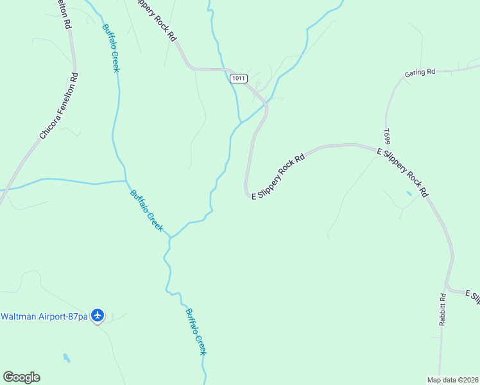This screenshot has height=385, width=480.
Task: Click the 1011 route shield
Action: (238, 78)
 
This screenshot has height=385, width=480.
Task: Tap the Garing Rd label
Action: (420, 73)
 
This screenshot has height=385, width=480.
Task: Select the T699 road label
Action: (387, 136)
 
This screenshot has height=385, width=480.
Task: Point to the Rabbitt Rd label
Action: (443, 311)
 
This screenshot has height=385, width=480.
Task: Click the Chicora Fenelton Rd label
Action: (59, 106)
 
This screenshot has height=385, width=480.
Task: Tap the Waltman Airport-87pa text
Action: (44, 316)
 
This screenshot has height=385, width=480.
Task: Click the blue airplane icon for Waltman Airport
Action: (98, 315)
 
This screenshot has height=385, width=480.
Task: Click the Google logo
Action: (21, 377)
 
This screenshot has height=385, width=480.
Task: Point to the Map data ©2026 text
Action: (452, 379)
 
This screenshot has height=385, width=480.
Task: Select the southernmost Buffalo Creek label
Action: (196, 332)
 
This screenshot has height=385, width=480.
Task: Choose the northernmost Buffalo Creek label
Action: (111, 47)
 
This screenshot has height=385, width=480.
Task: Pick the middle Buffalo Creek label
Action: (147, 210)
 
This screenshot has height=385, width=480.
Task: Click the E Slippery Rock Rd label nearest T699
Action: (402, 171)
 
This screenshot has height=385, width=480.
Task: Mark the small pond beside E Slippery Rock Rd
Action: (409, 193)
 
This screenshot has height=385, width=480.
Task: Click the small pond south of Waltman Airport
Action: (67, 357)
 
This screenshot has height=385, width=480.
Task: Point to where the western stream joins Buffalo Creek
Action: (125, 181)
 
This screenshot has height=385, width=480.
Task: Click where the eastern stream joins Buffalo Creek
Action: (170, 237)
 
